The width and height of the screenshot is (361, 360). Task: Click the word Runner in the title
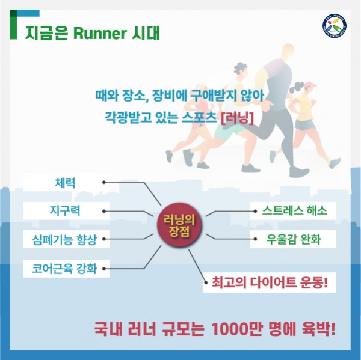coord(100,34)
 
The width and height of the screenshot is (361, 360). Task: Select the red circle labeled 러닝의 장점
coord(179,225)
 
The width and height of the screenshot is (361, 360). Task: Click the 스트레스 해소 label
coord(293,211)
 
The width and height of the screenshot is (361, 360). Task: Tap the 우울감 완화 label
coord(293,239)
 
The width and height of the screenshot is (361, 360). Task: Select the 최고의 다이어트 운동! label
coord(270,282)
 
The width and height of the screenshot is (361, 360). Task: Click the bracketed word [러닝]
coord(238,118)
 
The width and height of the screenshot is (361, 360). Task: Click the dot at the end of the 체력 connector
coord(104,182)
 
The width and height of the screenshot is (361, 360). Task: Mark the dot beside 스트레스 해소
coord(255,211)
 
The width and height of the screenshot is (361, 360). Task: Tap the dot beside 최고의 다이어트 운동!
coord(206,282)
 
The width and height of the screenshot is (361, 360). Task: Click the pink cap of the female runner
coord(310,85)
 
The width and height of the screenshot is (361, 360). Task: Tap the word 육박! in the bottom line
coord(318,329)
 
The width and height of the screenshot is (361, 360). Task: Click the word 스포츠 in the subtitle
coord(199,118)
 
